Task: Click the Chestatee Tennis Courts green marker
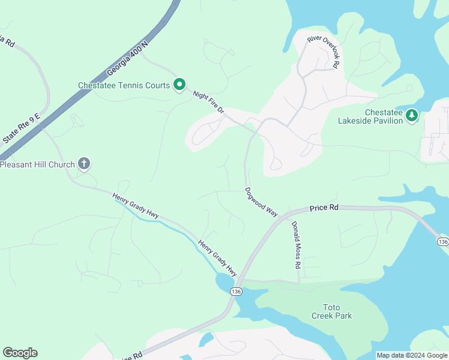pyautogui.click(x=179, y=85)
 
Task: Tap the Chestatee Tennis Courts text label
pyautogui.click(x=124, y=85)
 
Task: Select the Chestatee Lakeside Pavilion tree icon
pyautogui.click(x=412, y=115)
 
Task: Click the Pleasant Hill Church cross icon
pyautogui.click(x=84, y=163)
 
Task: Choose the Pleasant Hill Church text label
pyautogui.click(x=38, y=164)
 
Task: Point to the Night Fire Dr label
pyautogui.click(x=208, y=103)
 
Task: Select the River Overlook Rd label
pyautogui.click(x=324, y=50)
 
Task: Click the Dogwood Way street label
pyautogui.click(x=262, y=202)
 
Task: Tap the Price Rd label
pyautogui.click(x=324, y=208)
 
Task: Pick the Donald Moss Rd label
pyautogui.click(x=296, y=244)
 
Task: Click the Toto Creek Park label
pyautogui.click(x=331, y=311)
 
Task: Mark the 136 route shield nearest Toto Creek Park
pyautogui.click(x=236, y=291)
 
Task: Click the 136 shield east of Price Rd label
pyautogui.click(x=442, y=241)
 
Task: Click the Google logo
pyautogui.click(x=20, y=353)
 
